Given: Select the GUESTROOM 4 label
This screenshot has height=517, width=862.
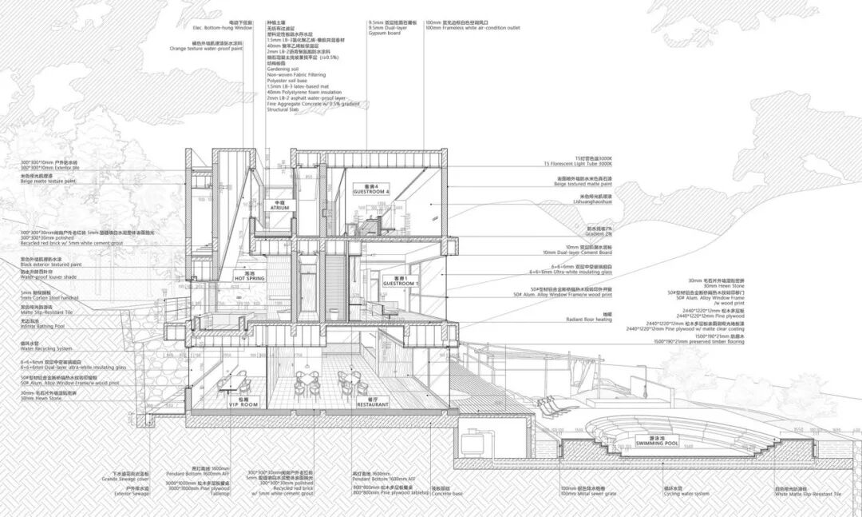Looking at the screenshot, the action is [x=371, y=193].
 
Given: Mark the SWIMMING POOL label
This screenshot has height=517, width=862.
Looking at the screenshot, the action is [x=658, y=443].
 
